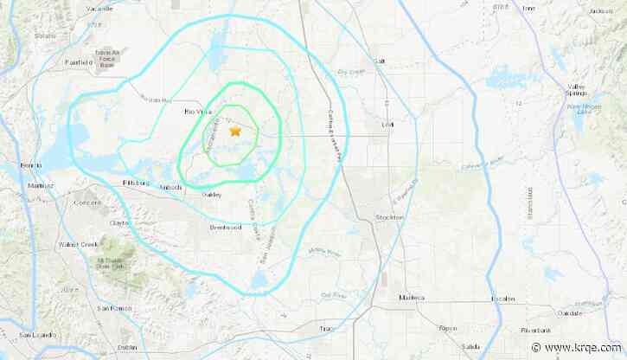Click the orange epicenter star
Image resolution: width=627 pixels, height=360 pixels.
(x=235, y=132)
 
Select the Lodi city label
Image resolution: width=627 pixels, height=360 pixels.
(x=387, y=124)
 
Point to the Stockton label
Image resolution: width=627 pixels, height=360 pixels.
(x=389, y=216)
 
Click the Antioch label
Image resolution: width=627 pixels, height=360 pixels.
(x=171, y=186)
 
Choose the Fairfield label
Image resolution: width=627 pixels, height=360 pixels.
(x=80, y=62)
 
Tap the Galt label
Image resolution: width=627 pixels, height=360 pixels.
(x=378, y=61)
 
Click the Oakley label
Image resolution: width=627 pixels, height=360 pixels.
(x=212, y=195)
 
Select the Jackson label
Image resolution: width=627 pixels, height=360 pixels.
(x=600, y=11)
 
